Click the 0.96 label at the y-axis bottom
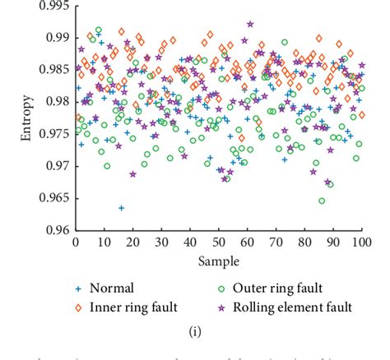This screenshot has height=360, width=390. [x=57, y=230]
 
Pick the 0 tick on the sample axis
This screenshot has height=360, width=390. [x=76, y=243]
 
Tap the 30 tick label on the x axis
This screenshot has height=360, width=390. [x=161, y=243]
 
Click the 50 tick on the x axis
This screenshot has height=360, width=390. [x=218, y=243]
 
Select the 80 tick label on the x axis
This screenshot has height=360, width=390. [x=304, y=243]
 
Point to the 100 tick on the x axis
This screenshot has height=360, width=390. [x=360, y=243]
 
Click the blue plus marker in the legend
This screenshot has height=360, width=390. [x=78, y=288]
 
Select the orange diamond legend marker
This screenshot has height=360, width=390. [x=78, y=307]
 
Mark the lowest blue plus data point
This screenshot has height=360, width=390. [x=121, y=208]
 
